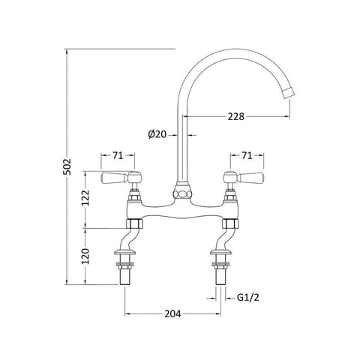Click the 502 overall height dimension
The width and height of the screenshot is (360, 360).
[x=67, y=166]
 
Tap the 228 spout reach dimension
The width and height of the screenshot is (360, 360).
[x=236, y=116]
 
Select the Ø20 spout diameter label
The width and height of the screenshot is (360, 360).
[x=157, y=134]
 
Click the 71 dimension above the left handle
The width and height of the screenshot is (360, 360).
[x=118, y=155]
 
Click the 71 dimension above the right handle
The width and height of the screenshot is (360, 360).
[x=247, y=155]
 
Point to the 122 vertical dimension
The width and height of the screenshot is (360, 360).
[x=85, y=198]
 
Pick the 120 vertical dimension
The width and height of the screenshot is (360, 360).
[x=85, y=256]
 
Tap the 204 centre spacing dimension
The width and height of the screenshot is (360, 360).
[x=172, y=313]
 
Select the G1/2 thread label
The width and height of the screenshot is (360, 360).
[x=248, y=298]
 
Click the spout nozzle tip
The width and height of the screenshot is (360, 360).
[x=288, y=92]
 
